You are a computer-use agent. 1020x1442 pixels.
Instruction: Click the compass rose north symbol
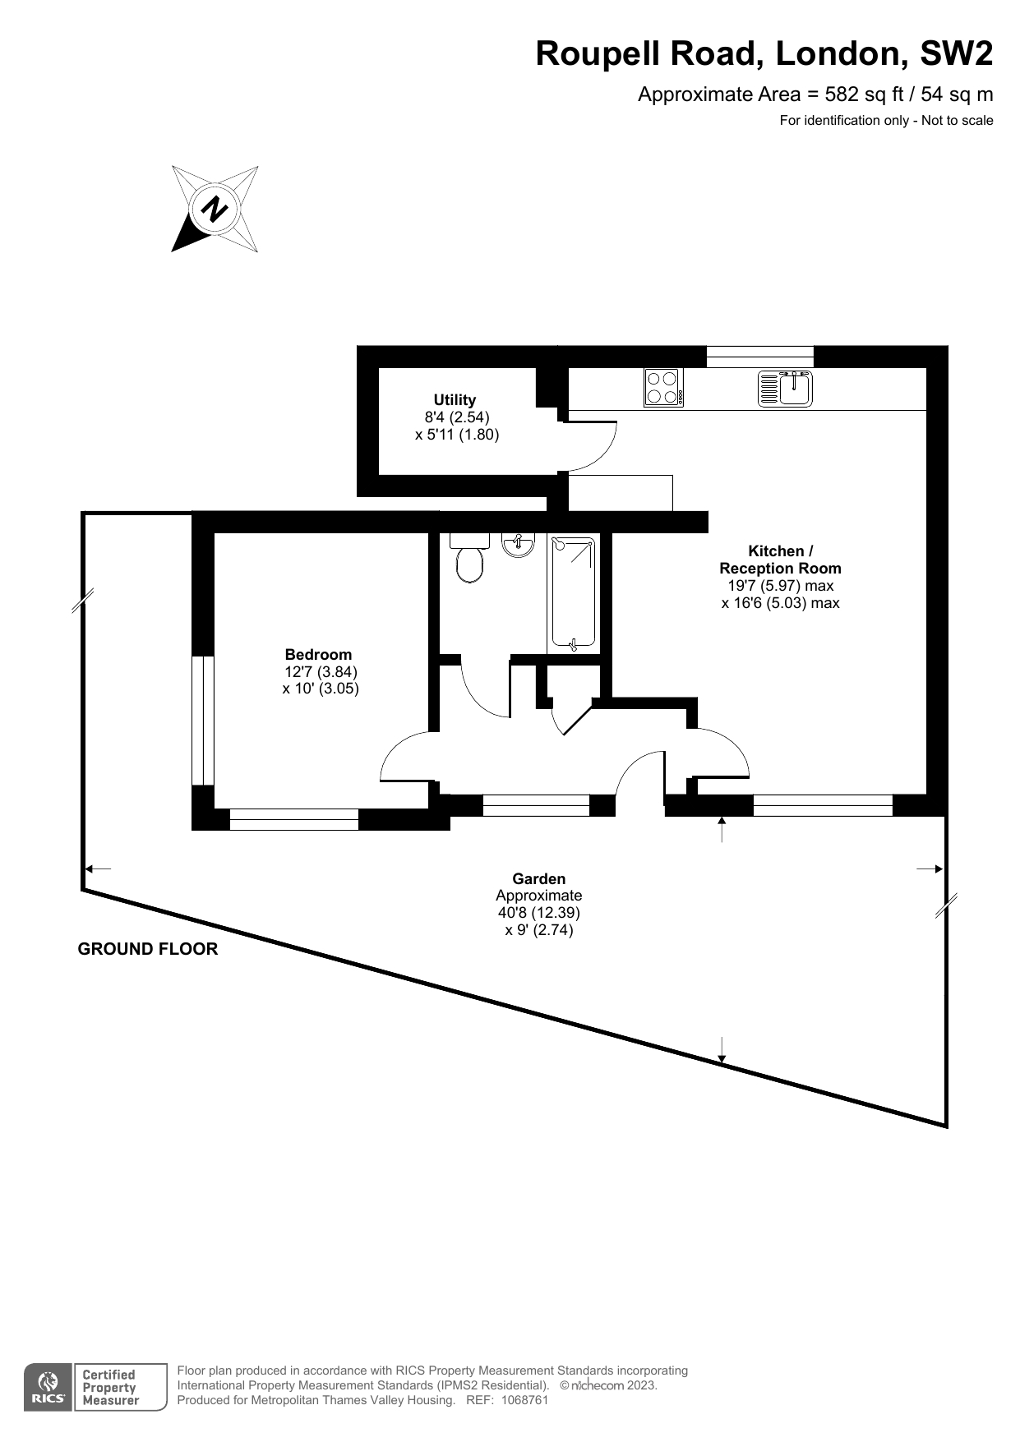pyautogui.click(x=215, y=209)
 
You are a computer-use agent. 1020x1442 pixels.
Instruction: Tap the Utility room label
pyautogui.click(x=455, y=400)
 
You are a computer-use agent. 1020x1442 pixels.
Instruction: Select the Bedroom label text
pyautogui.click(x=318, y=655)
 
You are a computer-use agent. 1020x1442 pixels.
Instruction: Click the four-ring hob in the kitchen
pyautogui.click(x=663, y=387)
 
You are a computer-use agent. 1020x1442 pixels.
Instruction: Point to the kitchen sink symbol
pyautogui.click(x=785, y=389)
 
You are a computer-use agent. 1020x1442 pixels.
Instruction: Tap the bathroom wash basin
pyautogui.click(x=518, y=545)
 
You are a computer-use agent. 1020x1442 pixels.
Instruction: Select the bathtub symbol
pyautogui.click(x=573, y=592)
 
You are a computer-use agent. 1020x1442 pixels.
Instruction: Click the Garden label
pyautogui.click(x=538, y=879)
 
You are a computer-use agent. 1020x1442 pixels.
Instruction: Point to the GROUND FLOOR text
pyautogui.click(x=148, y=949)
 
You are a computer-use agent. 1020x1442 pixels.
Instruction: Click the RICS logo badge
pyautogui.click(x=48, y=1388)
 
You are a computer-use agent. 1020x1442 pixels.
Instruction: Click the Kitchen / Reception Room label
pyautogui.click(x=780, y=560)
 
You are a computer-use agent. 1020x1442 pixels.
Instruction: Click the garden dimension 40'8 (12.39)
pyautogui.click(x=539, y=913)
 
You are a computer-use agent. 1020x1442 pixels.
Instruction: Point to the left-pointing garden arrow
pyautogui.click(x=98, y=868)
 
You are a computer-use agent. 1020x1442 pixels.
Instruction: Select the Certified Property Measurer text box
pyautogui.click(x=120, y=1388)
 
